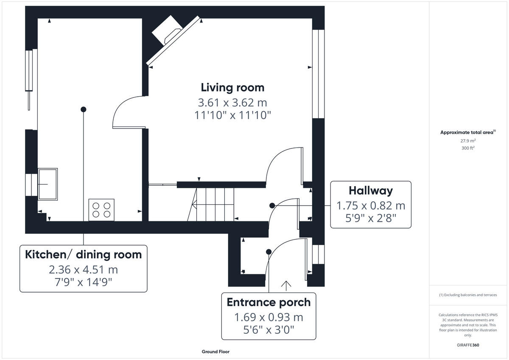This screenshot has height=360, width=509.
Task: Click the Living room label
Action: pyautogui.click(x=232, y=88)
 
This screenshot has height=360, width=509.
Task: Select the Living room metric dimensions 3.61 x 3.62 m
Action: pyautogui.click(x=232, y=103)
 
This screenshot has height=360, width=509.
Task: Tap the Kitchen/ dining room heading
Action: pyautogui.click(x=83, y=255)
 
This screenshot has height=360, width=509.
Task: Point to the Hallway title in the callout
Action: pyautogui.click(x=370, y=191)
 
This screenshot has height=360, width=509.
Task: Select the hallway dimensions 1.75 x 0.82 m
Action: pyautogui.click(x=370, y=206)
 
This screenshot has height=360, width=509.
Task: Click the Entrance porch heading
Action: pyautogui.click(x=268, y=302)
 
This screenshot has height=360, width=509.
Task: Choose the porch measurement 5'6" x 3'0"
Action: pyautogui.click(x=268, y=329)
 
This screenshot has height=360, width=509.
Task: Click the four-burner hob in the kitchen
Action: pyautogui.click(x=101, y=210)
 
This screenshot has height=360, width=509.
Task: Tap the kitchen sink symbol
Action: pyautogui.click(x=48, y=184)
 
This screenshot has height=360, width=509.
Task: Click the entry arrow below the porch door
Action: pyautogui.click(x=286, y=286)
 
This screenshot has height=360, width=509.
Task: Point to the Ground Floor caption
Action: pyautogui.click(x=215, y=352)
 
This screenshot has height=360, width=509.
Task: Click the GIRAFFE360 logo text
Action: pyautogui.click(x=467, y=345)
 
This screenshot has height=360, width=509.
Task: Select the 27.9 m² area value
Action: pyautogui.click(x=467, y=140)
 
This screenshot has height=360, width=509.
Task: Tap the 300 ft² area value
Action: pyautogui.click(x=467, y=148)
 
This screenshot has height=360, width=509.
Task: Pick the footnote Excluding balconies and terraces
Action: pyautogui.click(x=467, y=295)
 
